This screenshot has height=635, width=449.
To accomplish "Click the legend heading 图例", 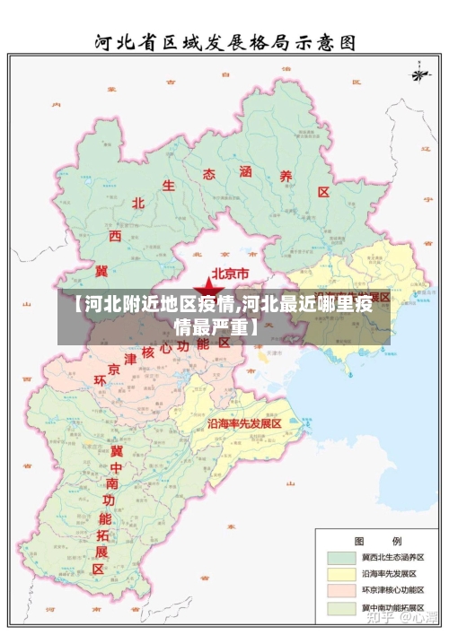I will [x=365, y=542].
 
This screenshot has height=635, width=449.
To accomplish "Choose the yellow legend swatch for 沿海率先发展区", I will [x=340, y=573].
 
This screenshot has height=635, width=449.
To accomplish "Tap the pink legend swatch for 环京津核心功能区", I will [x=340, y=590].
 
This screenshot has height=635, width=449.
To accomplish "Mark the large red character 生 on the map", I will [x=168, y=186].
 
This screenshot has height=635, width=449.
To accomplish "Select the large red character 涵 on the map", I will [x=246, y=170].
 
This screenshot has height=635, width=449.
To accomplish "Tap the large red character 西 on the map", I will [x=115, y=236].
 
